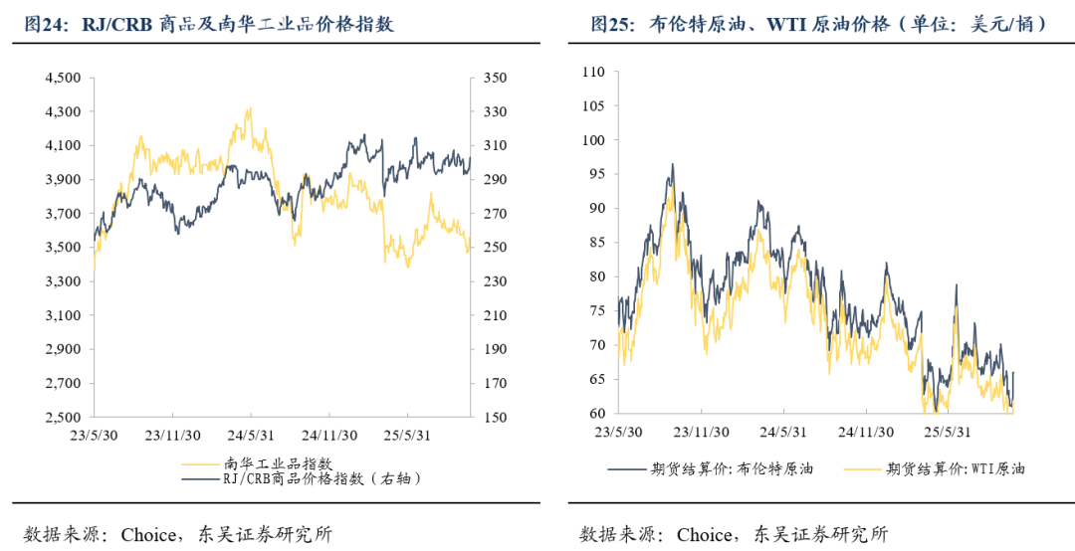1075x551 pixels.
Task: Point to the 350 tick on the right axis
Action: click(x=495, y=78)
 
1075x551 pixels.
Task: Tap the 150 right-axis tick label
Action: click(x=495, y=418)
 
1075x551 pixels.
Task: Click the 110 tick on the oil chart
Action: click(x=593, y=72)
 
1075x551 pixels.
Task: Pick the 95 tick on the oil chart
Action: click(x=596, y=174)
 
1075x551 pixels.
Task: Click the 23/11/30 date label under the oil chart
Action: click(x=702, y=434)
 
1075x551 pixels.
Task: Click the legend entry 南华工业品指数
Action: click(x=278, y=462)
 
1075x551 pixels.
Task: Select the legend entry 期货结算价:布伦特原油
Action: click(x=732, y=468)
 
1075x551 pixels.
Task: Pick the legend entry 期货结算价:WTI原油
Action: click(x=956, y=468)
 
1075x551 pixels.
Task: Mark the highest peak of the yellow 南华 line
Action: click(x=249, y=108)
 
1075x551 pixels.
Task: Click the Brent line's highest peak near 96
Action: click(x=673, y=165)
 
